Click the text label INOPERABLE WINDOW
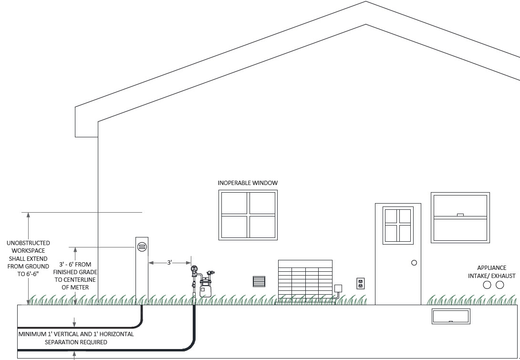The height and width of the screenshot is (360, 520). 248,183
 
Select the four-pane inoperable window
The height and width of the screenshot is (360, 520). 248,215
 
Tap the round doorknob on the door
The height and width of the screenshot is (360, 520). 414,263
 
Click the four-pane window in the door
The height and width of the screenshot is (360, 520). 398,226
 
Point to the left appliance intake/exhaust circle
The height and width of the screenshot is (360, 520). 487,285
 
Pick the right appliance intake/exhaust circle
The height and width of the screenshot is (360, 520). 500,285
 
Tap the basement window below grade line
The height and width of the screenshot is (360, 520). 451,316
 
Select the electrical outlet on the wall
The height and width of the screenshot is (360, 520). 360,284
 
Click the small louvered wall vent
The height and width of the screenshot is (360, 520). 259,281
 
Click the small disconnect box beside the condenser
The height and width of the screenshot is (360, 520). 338,288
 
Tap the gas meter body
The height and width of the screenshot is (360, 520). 206,289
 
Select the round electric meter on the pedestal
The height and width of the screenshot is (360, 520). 142,247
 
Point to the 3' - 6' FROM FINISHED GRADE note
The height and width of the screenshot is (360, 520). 75,276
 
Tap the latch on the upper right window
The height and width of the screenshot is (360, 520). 460,215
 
